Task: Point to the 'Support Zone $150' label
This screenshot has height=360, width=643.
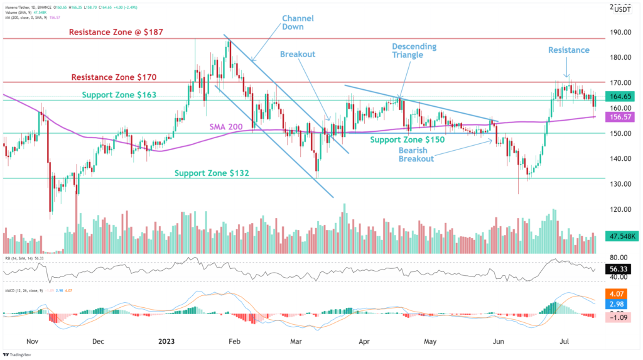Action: [x=407, y=139]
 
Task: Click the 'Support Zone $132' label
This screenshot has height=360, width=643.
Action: [x=212, y=173]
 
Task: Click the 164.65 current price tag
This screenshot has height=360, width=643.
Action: [x=621, y=97]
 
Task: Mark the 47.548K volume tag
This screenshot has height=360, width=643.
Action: [x=621, y=237]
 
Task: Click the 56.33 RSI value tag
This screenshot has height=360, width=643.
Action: [x=621, y=268]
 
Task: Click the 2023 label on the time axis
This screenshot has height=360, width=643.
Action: [x=166, y=341]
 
